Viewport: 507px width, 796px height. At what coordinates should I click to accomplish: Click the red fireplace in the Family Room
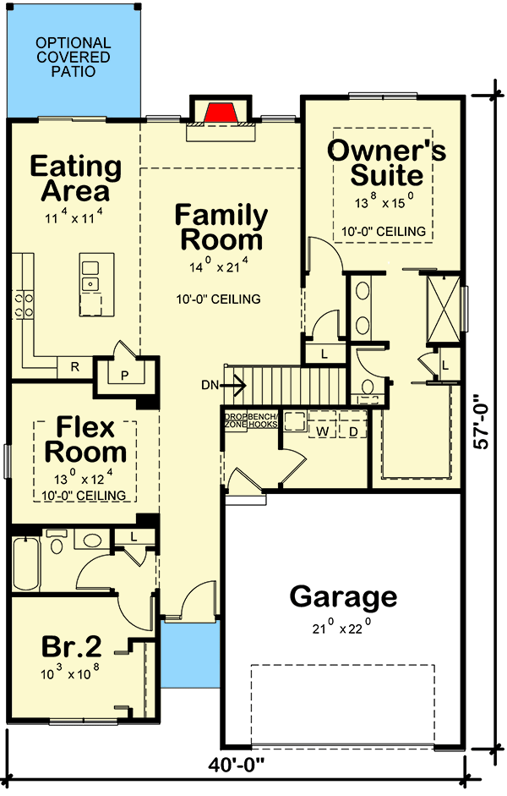221,112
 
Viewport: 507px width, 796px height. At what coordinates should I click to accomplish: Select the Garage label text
343,597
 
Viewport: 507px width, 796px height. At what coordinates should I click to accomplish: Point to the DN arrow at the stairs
234,387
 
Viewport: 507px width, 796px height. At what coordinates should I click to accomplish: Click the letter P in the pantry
123,376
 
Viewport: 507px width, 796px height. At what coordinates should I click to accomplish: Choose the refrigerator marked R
74,367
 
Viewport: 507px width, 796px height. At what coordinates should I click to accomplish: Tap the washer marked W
322,431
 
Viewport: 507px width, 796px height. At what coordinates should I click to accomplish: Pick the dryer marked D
353,431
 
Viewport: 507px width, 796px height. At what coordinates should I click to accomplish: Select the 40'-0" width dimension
239,766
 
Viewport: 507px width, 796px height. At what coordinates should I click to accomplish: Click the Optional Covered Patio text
73,57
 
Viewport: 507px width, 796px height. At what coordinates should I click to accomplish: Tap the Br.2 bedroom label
72,647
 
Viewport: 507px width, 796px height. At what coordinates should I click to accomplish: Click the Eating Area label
76,178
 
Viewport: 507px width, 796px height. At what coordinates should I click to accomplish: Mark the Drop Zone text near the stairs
234,420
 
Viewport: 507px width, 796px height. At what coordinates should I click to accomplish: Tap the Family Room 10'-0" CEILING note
219,299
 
